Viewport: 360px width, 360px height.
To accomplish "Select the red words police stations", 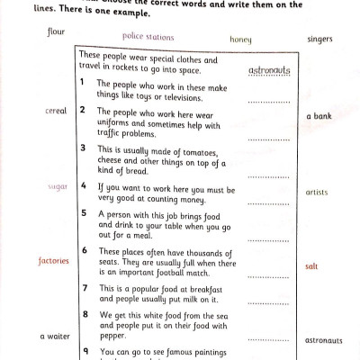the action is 148,37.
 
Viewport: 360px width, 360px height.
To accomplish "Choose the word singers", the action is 319,40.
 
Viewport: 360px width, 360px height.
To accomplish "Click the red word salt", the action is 311,266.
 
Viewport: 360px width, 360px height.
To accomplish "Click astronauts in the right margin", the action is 324,341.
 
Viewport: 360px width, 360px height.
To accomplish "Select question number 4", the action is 83,186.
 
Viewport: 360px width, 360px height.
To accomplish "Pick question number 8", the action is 84,314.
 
